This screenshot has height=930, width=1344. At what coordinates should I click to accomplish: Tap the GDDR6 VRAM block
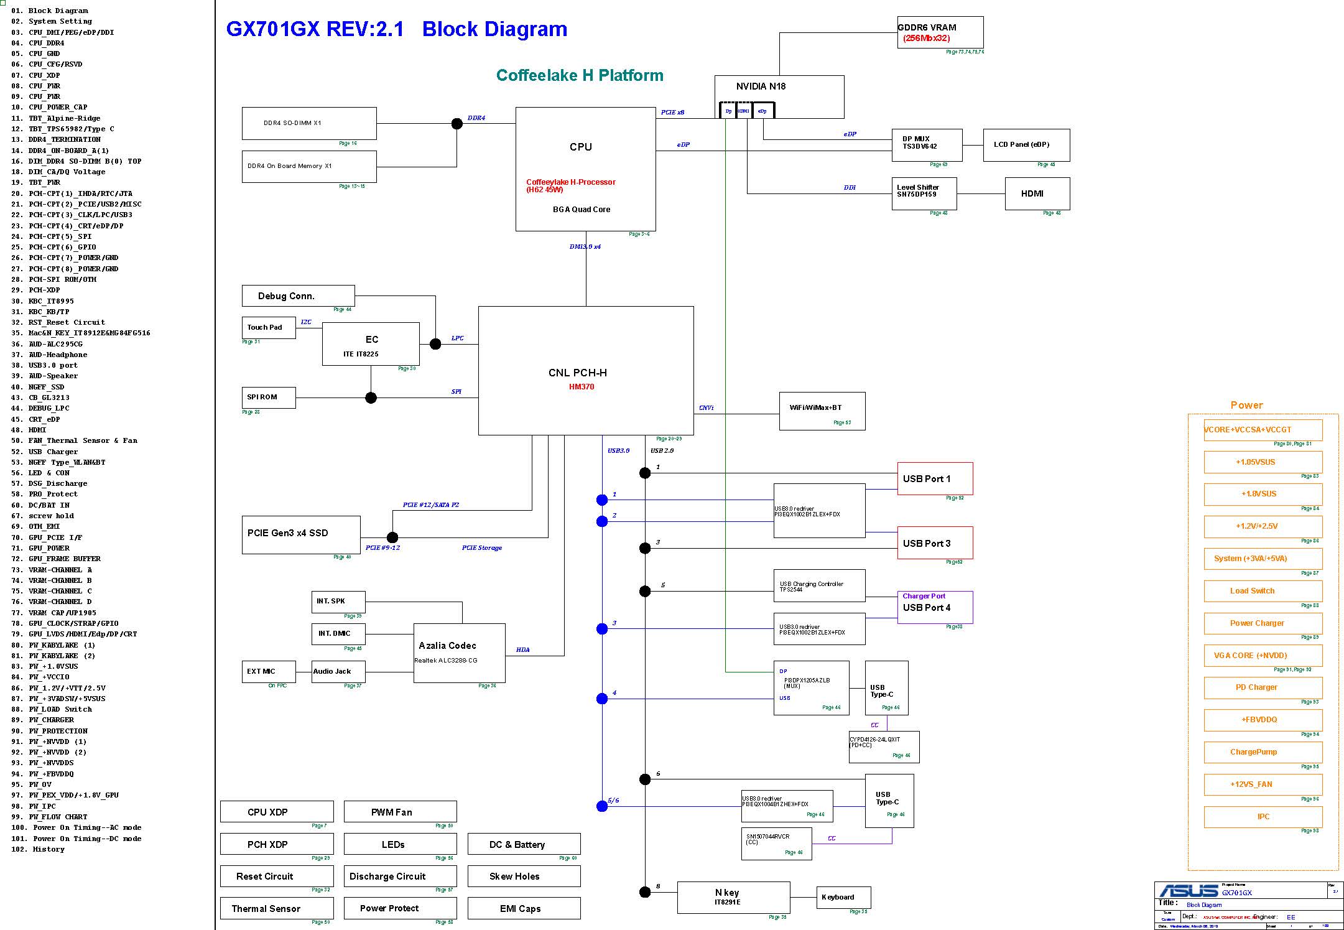click(940, 32)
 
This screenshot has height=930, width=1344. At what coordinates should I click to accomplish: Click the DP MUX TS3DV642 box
click(927, 144)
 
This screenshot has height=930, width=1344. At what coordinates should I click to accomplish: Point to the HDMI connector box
click(1037, 193)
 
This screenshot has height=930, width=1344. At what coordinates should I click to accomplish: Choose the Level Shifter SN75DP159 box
click(924, 193)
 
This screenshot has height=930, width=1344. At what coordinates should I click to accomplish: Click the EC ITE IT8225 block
click(371, 344)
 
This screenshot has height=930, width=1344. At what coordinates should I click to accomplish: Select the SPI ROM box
click(269, 398)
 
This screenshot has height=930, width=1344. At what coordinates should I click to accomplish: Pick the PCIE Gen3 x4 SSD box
click(300, 534)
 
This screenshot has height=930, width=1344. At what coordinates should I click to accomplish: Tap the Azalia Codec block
click(459, 653)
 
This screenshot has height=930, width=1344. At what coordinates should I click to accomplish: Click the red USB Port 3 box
click(934, 543)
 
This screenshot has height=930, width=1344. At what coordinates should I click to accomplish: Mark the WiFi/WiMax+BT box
click(822, 411)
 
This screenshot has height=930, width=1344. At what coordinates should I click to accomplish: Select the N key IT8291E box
click(733, 897)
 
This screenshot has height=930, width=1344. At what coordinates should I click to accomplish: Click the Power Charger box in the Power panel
click(1263, 623)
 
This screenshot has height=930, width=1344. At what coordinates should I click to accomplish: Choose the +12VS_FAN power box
click(1263, 784)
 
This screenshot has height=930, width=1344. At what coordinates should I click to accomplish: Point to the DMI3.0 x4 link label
click(585, 247)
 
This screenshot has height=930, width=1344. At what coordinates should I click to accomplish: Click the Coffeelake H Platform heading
click(580, 75)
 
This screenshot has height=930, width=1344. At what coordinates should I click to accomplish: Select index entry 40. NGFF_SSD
click(46, 387)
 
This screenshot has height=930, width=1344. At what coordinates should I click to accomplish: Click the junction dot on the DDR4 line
click(456, 123)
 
